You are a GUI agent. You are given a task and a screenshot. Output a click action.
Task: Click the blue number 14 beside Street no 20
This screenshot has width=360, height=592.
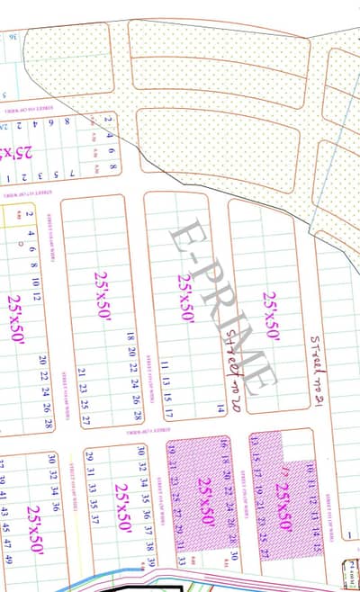219,408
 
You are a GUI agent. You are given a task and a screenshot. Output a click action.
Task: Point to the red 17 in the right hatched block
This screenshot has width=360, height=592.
286,469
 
